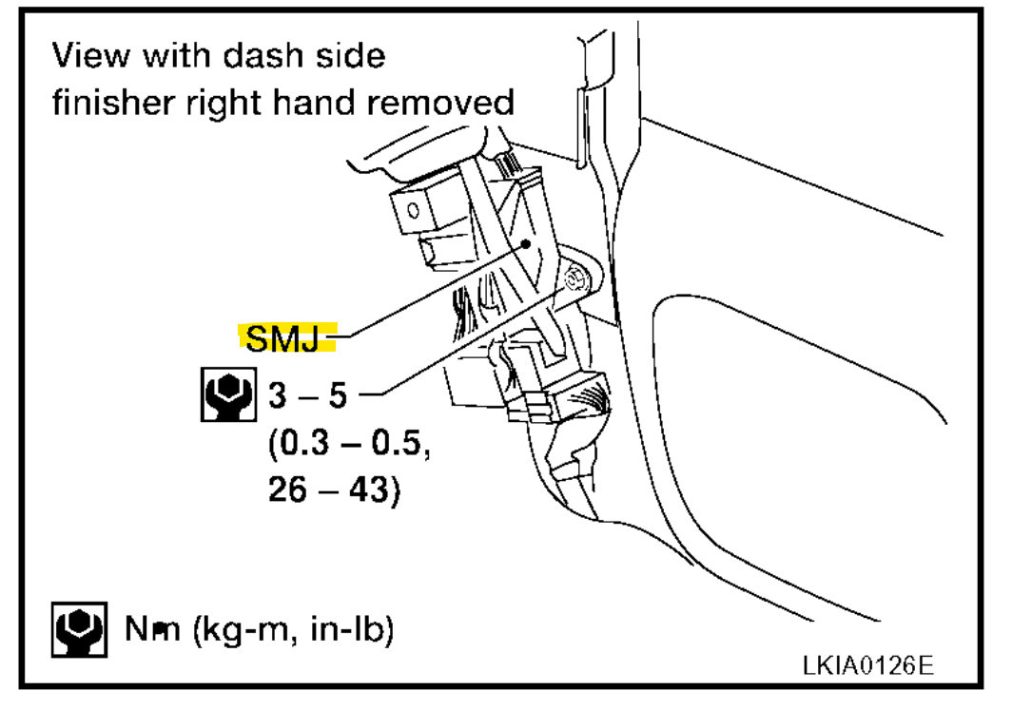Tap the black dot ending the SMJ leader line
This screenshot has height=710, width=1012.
[x=523, y=242]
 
